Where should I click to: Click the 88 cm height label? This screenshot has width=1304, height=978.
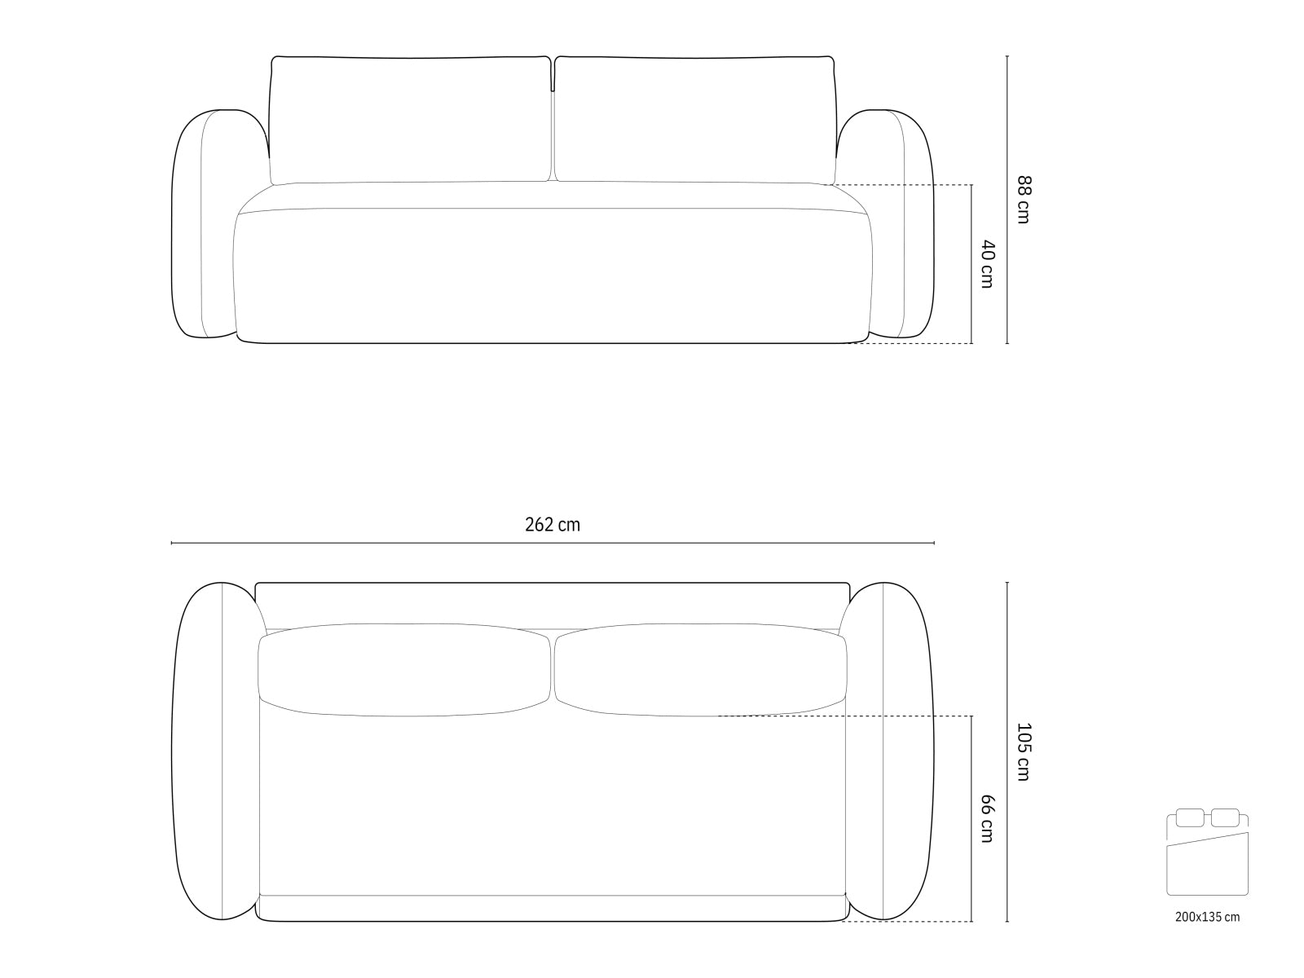pyautogui.click(x=1023, y=200)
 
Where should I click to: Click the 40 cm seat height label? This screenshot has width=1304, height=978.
pyautogui.click(x=986, y=263)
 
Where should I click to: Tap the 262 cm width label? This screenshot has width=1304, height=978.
pyautogui.click(x=553, y=525)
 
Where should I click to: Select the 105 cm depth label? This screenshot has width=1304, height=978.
pyautogui.click(x=1023, y=751)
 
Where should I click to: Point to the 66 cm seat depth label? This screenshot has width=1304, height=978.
pyautogui.click(x=986, y=818)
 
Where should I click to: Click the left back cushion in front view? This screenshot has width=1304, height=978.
pyautogui.click(x=410, y=120)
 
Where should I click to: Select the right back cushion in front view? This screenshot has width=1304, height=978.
pyautogui.click(x=695, y=120)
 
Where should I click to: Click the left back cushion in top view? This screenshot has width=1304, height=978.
pyautogui.click(x=404, y=670)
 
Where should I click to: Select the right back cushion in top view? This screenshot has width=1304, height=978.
pyautogui.click(x=699, y=670)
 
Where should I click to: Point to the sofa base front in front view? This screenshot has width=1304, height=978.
pyautogui.click(x=553, y=277)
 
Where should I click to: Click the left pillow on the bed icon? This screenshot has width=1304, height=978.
pyautogui.click(x=1190, y=817)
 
